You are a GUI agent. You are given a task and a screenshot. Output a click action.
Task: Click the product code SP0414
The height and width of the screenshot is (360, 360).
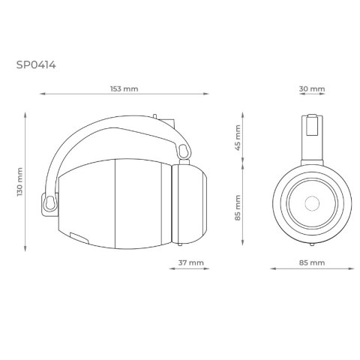[x=35, y=64]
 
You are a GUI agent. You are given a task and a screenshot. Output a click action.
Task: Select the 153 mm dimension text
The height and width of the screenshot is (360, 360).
[x=124, y=88]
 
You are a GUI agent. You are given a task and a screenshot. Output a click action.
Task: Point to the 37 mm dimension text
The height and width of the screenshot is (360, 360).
[x=191, y=262]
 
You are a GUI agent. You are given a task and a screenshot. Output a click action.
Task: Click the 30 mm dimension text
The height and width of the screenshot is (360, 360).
[x=311, y=88]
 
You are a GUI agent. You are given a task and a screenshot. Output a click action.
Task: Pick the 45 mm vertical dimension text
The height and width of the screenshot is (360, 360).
[x=238, y=139]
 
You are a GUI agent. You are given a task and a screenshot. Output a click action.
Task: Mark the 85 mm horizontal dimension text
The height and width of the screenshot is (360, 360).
[x=311, y=262]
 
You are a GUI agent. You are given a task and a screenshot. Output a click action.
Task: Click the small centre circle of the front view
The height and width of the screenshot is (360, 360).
[x=311, y=204]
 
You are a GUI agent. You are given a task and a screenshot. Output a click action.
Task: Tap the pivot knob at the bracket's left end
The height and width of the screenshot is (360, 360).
[x=50, y=202]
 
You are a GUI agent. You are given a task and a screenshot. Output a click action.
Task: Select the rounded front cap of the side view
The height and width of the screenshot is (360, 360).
[x=190, y=204]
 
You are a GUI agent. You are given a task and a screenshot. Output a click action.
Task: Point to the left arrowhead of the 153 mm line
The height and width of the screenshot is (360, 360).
[x=41, y=94]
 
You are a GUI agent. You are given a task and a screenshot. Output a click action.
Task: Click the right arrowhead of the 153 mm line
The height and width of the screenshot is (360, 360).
[x=207, y=94]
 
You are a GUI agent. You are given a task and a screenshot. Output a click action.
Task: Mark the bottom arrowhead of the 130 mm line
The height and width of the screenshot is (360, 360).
[x=25, y=250]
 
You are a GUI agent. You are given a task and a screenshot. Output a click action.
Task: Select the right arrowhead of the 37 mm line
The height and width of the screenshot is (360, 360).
[x=207, y=268]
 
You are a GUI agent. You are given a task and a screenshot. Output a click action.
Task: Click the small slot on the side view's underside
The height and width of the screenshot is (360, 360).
[x=79, y=238]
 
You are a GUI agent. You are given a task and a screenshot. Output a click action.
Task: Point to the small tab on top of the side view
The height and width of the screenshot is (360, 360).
[x=155, y=116]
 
